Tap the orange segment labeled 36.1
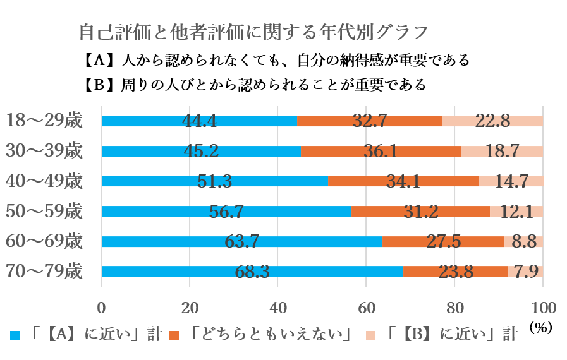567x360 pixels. (x=381, y=152)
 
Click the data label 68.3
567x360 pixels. (x=252, y=272)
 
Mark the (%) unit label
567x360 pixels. (x=540, y=328)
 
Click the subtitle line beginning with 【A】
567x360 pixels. (x=276, y=61)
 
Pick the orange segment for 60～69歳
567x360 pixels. (x=443, y=241)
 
